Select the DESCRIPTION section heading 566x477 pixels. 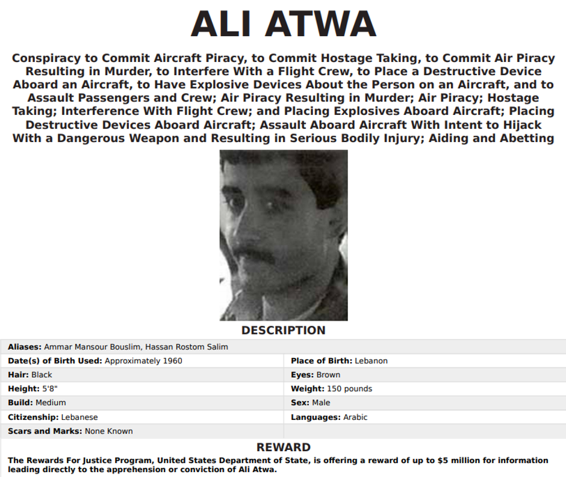point(283,330)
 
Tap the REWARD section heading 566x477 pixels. point(283,448)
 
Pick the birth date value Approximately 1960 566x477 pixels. point(143,361)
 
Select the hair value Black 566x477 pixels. point(42,375)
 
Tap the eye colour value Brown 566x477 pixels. point(328,375)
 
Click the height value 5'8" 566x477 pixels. point(49,389)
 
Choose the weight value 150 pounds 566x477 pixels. point(349,389)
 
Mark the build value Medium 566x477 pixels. point(51,402)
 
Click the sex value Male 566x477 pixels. point(321,402)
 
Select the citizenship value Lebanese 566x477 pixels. point(79,417)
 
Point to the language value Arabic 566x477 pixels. point(355,417)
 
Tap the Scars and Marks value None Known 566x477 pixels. point(108,431)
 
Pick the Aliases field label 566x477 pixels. point(25,347)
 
